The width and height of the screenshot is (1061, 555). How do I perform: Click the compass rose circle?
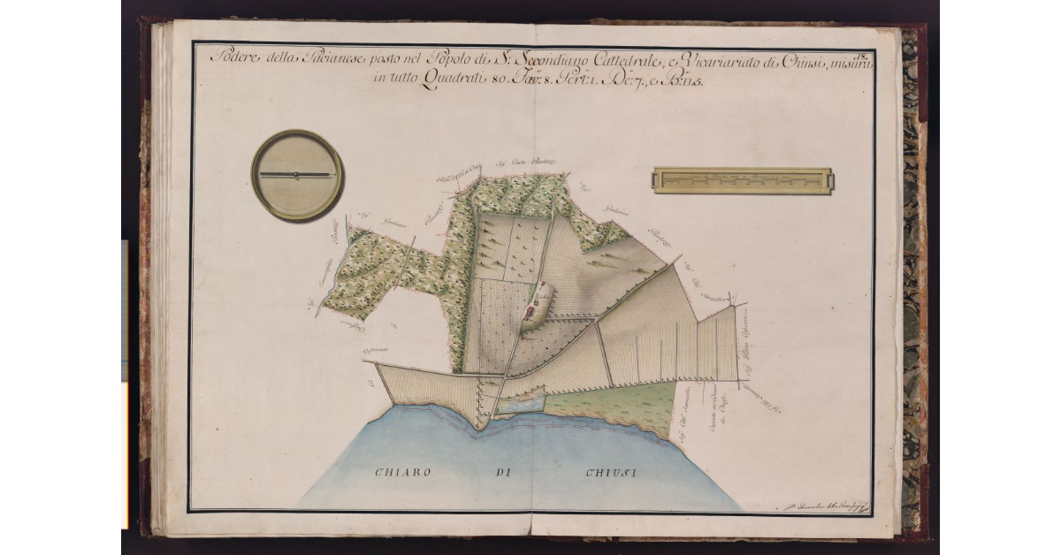297,175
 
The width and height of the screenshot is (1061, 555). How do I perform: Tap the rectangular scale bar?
742,180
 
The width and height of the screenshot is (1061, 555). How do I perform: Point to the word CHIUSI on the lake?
611,473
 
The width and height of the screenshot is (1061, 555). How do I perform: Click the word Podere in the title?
232,59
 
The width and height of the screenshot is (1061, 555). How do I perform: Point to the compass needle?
297,175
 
